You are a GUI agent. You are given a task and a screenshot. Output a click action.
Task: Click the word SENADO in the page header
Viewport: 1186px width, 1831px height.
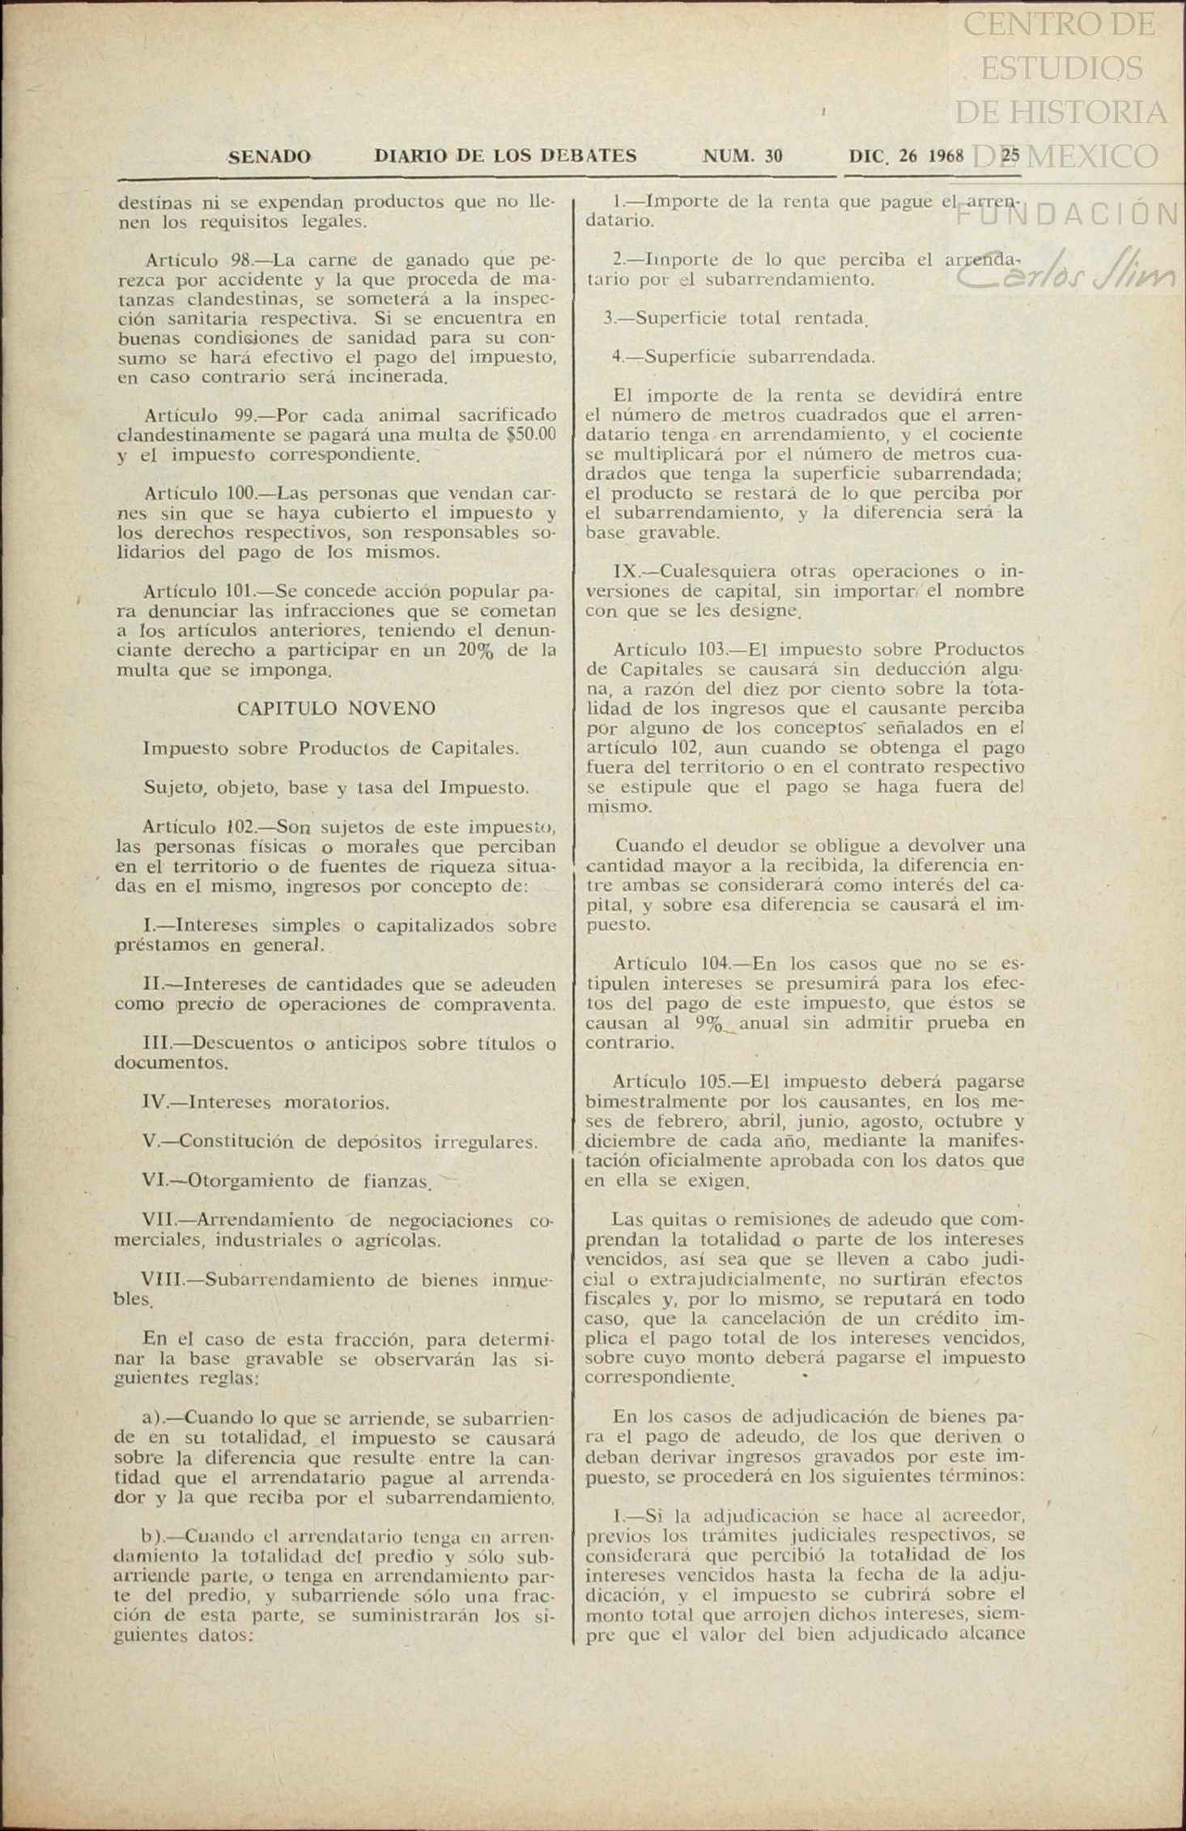point(269,156)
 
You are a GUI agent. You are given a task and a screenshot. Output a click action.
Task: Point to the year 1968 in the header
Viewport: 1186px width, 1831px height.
point(946,155)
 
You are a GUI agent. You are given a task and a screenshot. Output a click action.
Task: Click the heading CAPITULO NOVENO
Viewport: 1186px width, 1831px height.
point(336,708)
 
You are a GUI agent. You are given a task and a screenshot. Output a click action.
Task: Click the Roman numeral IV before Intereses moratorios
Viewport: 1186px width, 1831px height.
point(154,1102)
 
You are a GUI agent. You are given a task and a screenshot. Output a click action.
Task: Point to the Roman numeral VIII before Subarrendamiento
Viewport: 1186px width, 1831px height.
point(161,1280)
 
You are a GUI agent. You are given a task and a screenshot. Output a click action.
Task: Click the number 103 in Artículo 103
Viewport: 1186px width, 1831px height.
point(712,650)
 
